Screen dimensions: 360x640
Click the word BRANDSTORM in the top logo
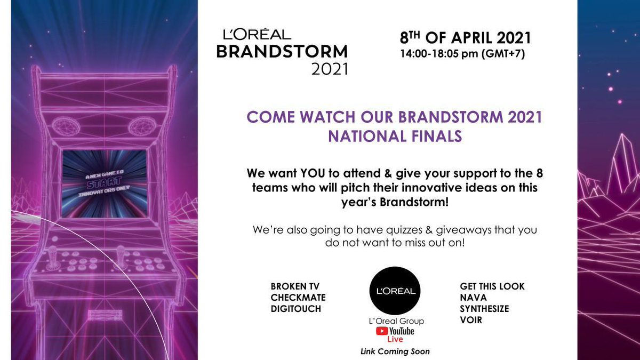click(285, 52)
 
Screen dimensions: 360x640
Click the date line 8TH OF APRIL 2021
click(466, 38)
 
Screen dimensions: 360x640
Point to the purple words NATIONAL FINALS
click(395, 136)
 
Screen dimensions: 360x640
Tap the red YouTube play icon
click(382, 331)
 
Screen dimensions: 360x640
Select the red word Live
click(395, 339)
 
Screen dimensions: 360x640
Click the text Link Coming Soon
click(395, 351)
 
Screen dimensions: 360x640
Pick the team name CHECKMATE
click(298, 298)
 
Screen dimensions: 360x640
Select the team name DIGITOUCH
click(296, 308)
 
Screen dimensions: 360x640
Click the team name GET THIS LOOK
click(492, 286)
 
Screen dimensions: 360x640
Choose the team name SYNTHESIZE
click(484, 308)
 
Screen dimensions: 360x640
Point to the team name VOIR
click(470, 319)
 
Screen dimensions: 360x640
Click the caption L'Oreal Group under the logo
click(395, 321)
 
